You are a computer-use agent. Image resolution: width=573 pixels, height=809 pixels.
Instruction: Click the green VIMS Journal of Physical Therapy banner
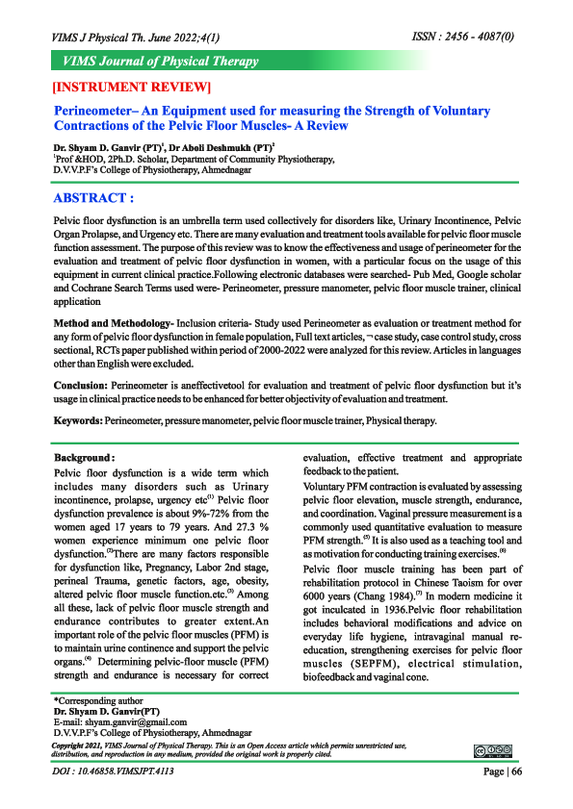click(160, 62)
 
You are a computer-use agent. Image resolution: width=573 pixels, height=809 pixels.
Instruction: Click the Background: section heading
click(85, 458)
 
